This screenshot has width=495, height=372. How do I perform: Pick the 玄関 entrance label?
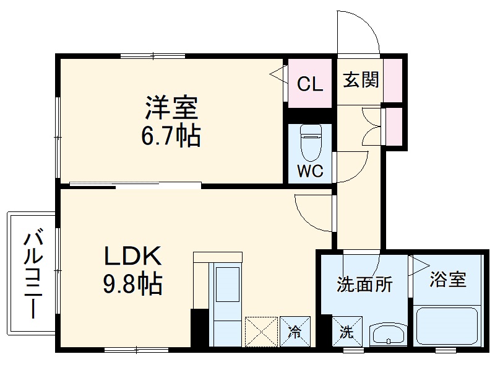[x=361, y=79]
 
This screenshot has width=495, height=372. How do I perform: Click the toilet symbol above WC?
[x=309, y=144]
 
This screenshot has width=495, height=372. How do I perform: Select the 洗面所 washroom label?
[x=364, y=285]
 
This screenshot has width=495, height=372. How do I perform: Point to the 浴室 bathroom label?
[x=449, y=280]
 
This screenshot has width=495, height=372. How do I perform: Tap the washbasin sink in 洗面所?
[x=387, y=335]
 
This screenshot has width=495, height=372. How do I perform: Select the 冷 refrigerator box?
[x=295, y=332]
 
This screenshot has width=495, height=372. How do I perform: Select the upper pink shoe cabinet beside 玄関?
[x=393, y=80]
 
